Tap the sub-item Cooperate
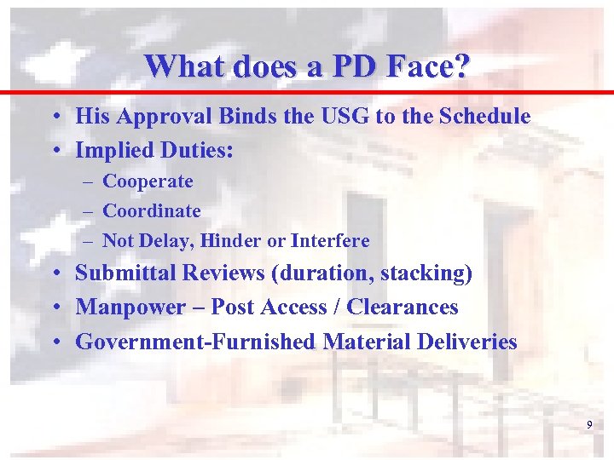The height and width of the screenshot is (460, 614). tap(148, 181)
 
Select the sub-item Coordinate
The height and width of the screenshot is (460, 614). tap(152, 210)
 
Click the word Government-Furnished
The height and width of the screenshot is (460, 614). tap(195, 342)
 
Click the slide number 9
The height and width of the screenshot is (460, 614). tap(589, 424)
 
